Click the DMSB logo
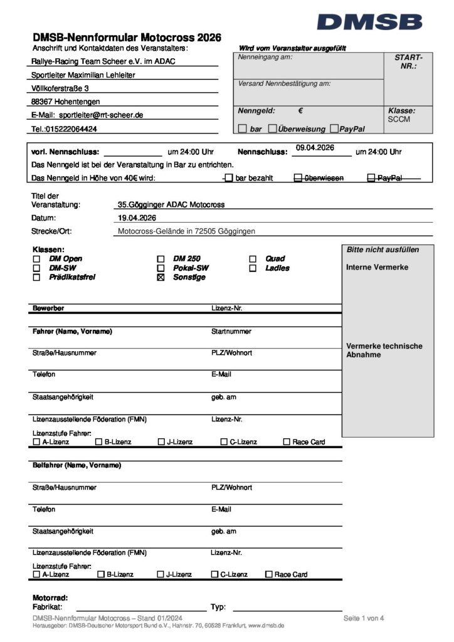(x=369, y=23)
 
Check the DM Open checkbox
(x=36, y=259)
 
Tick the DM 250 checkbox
(x=161, y=259)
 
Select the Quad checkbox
(x=253, y=259)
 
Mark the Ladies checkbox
(x=253, y=268)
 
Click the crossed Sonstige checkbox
(x=161, y=277)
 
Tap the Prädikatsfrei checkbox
(x=36, y=277)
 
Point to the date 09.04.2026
(x=315, y=148)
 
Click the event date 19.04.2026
(x=137, y=218)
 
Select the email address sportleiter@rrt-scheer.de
(x=101, y=115)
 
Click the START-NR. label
(x=408, y=61)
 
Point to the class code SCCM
(x=399, y=119)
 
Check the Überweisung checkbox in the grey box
(x=272, y=129)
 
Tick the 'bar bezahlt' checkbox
(x=229, y=178)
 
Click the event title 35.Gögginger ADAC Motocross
(x=171, y=204)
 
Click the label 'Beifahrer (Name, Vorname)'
(x=77, y=465)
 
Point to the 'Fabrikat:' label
(x=47, y=607)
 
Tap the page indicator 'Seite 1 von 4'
(x=364, y=619)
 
